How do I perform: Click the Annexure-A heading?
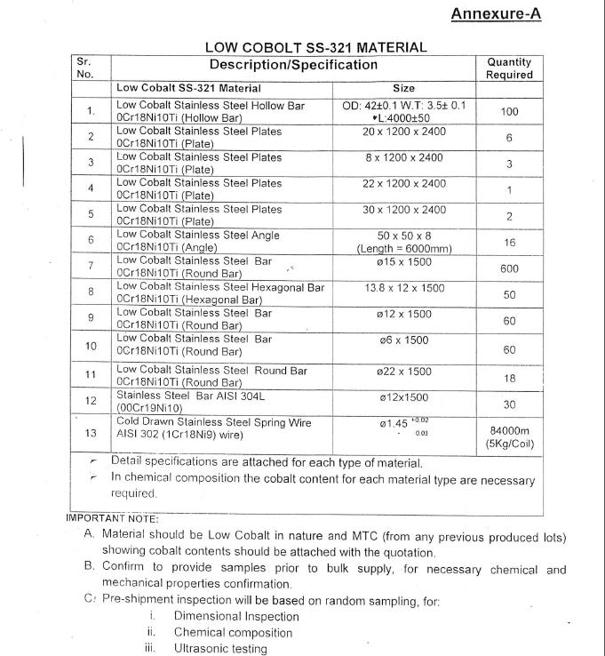(x=495, y=14)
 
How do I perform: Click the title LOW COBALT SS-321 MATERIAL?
(x=315, y=47)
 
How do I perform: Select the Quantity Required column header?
(x=509, y=68)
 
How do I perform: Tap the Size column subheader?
(x=403, y=88)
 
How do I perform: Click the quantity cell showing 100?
(x=509, y=112)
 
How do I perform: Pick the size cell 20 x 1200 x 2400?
(x=403, y=132)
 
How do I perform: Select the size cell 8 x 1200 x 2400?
(x=403, y=157)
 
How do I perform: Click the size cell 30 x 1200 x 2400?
(x=403, y=210)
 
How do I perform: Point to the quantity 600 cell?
(x=509, y=268)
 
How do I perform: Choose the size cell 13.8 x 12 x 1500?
(x=403, y=288)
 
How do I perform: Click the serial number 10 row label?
(x=91, y=346)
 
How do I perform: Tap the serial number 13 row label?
(x=91, y=434)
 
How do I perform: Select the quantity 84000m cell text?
(x=509, y=430)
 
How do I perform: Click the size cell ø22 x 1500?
(x=403, y=371)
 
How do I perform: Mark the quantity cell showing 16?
(x=509, y=242)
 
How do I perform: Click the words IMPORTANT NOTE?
(x=113, y=518)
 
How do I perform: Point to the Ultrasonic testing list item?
(x=219, y=649)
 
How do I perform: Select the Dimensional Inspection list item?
(x=236, y=616)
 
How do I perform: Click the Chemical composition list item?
(x=233, y=633)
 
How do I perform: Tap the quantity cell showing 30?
(x=509, y=404)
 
